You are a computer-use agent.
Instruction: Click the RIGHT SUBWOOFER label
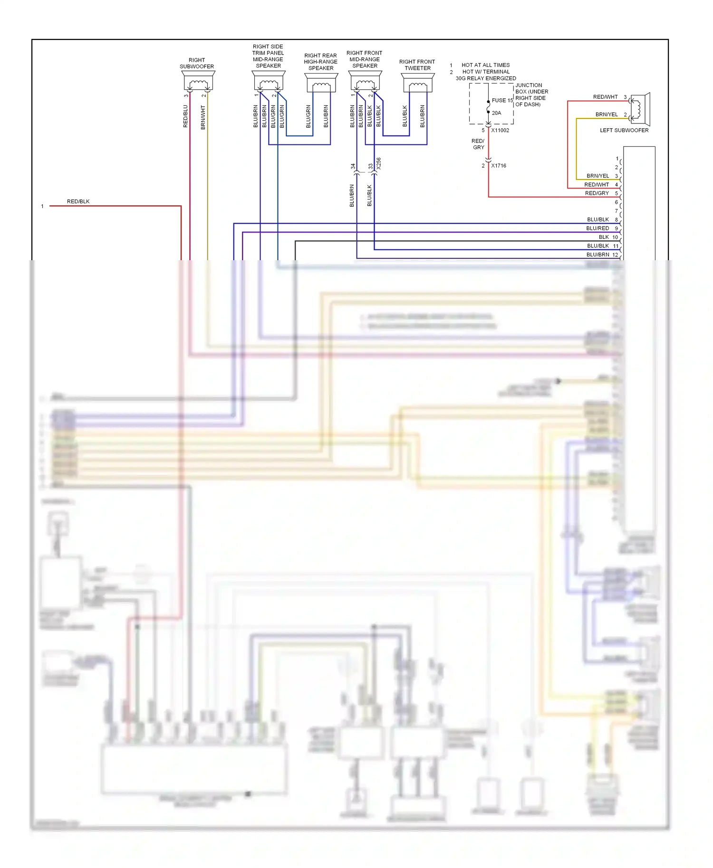click(197, 63)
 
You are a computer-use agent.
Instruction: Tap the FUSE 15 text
click(502, 100)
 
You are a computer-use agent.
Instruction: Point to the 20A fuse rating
click(496, 113)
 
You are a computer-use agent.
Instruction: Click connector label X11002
click(500, 130)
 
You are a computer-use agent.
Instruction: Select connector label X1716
click(499, 166)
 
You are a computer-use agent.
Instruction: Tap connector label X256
click(379, 164)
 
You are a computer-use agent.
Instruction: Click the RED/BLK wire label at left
click(78, 201)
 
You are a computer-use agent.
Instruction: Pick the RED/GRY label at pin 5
click(597, 193)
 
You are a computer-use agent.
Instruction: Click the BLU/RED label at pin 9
click(597, 228)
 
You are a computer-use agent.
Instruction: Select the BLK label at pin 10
click(604, 237)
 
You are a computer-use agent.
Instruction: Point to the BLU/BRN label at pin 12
click(597, 255)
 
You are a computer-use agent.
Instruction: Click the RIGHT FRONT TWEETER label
click(417, 65)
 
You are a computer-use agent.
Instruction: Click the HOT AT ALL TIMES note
click(485, 65)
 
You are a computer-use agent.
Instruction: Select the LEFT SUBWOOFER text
click(624, 130)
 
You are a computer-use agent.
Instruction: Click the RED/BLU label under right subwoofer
click(185, 116)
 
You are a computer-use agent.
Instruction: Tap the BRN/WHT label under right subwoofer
click(203, 117)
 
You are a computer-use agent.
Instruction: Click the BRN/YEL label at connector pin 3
click(597, 176)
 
